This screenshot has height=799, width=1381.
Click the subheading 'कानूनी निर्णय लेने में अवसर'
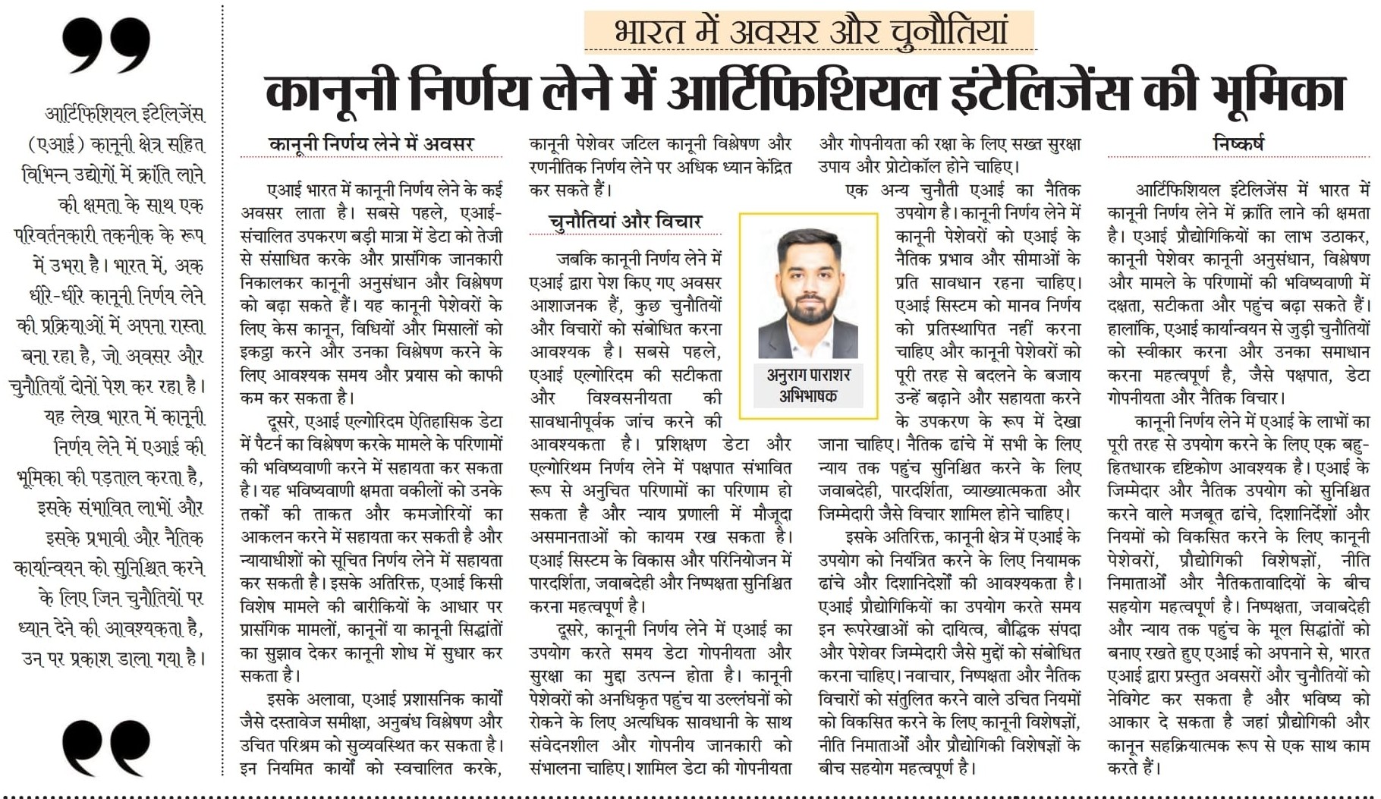click(371, 143)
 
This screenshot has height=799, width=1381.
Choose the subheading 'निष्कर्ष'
click(1238, 143)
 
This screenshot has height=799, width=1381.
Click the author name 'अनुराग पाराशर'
click(808, 375)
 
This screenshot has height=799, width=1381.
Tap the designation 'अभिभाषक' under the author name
click(808, 395)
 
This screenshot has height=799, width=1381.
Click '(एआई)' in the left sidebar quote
click(53, 144)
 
